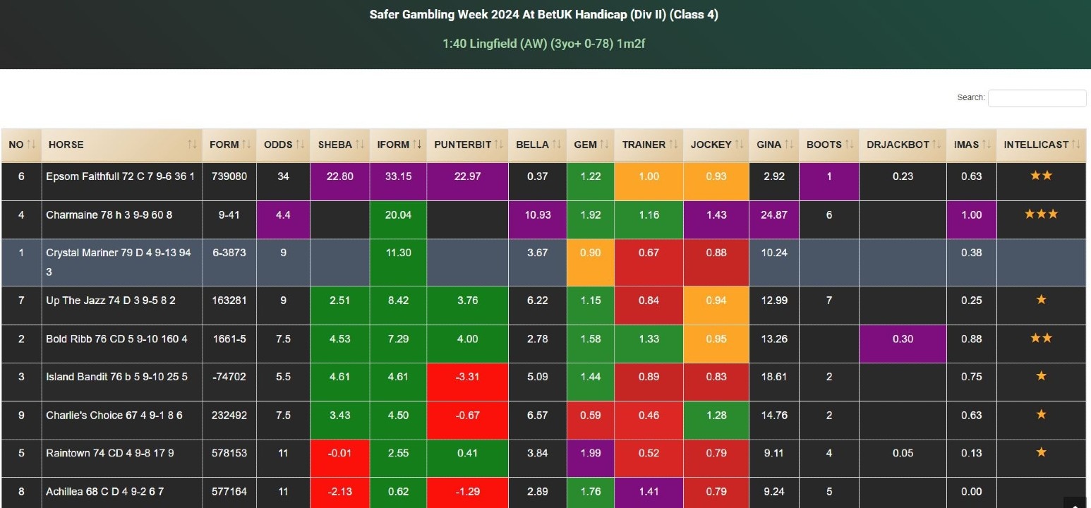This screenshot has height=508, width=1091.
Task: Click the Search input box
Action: click(x=1037, y=98)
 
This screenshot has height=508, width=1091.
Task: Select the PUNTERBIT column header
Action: click(x=462, y=145)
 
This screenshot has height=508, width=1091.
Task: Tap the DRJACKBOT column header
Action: click(x=898, y=145)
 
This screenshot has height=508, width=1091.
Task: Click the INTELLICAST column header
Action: click(x=1036, y=145)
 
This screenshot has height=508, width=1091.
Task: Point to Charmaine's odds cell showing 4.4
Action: click(x=283, y=214)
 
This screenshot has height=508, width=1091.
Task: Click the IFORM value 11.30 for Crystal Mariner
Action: click(x=398, y=253)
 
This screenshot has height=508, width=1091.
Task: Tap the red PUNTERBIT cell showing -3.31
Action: click(x=467, y=377)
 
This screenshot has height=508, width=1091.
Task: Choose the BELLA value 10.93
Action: click(x=537, y=214)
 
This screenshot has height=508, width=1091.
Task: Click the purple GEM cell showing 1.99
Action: click(x=591, y=452)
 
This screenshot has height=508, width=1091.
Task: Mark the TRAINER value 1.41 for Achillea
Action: click(x=648, y=491)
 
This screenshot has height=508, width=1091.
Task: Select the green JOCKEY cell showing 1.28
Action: click(x=716, y=415)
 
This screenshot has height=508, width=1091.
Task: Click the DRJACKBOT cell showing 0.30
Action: click(x=903, y=339)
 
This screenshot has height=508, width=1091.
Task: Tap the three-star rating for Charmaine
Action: click(x=1041, y=214)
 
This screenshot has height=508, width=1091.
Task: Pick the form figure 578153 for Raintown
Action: click(x=229, y=452)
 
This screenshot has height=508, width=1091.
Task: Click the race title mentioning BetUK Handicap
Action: click(x=543, y=15)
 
